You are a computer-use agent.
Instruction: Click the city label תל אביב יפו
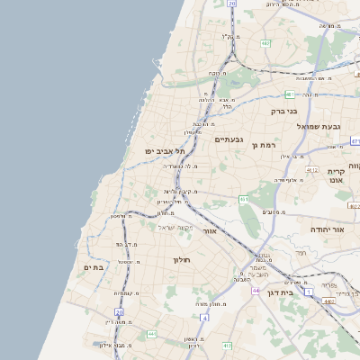point(165,151)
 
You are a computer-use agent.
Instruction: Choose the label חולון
point(182,259)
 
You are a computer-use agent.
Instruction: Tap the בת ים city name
point(95,267)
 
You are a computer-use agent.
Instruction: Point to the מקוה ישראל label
point(177,228)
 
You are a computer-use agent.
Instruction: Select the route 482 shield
point(265,42)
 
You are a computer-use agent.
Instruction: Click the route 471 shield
point(355,141)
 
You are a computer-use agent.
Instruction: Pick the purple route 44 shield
point(256,291)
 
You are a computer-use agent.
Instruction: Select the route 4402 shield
point(329,301)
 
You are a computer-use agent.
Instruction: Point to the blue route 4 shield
point(204,318)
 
